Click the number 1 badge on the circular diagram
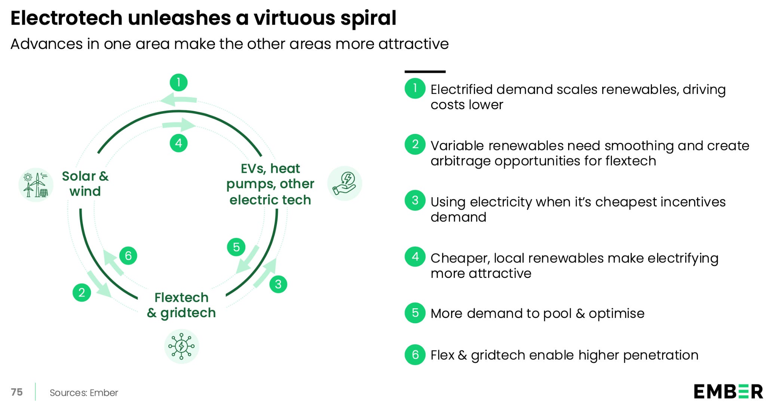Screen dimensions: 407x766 [178, 82]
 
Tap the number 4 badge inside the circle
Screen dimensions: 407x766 [178, 143]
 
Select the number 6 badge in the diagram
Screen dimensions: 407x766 [128, 256]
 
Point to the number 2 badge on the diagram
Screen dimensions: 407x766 [82, 293]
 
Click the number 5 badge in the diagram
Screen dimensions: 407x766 [236, 247]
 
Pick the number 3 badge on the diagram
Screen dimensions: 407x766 [278, 284]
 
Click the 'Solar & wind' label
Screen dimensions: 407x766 [85, 184]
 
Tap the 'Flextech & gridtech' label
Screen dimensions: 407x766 [181, 305]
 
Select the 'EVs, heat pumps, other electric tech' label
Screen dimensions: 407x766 [270, 184]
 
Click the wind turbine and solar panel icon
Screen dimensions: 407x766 [36, 185]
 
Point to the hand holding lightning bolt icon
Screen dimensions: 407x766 [344, 183]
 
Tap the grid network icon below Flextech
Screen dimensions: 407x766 [181, 346]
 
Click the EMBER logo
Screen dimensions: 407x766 [728, 392]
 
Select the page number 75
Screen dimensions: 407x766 [17, 392]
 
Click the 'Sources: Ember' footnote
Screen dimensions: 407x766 [84, 393]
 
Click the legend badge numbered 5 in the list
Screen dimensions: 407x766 [415, 313]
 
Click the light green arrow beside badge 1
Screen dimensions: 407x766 [178, 100]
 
